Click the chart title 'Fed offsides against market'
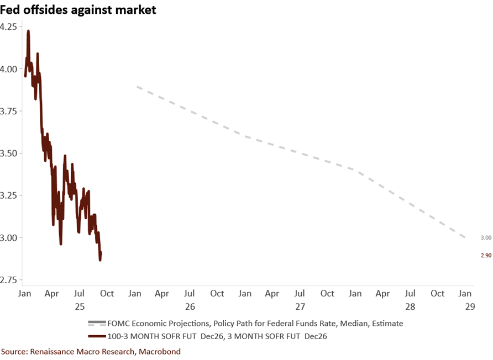[78, 10]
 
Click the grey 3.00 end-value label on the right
[485, 237]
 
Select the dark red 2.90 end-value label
[485, 255]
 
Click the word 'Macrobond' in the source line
[159, 351]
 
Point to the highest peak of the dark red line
[28, 31]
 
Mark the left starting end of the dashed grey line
[136, 86]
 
